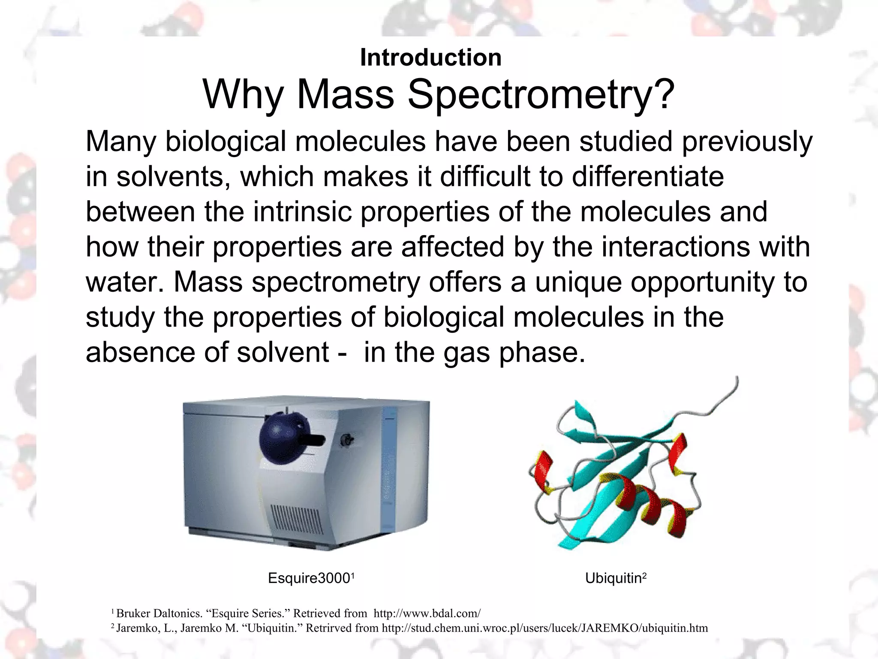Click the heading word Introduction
point(430,57)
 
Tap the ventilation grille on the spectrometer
point(296,519)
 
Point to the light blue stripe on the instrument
point(389,468)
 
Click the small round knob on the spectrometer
point(346,439)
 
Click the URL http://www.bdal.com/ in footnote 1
point(427,613)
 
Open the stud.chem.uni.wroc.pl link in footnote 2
point(544,628)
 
